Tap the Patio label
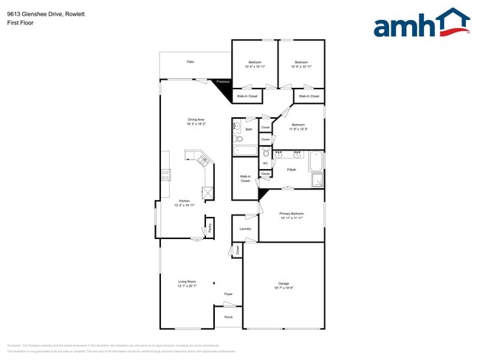click(x=191, y=62)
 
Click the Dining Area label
click(x=196, y=120)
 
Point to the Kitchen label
click(x=185, y=201)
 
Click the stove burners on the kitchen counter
click(x=166, y=175)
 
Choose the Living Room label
click(x=187, y=282)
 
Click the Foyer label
click(x=229, y=294)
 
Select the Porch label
click(x=228, y=317)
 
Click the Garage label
click(x=284, y=283)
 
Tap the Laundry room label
click(x=245, y=229)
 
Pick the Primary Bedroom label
click(x=292, y=213)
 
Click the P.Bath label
click(x=292, y=170)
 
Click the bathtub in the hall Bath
click(x=245, y=150)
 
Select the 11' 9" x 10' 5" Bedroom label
click(x=298, y=125)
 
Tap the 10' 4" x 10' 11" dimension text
click(x=255, y=66)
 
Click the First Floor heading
click(x=21, y=23)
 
